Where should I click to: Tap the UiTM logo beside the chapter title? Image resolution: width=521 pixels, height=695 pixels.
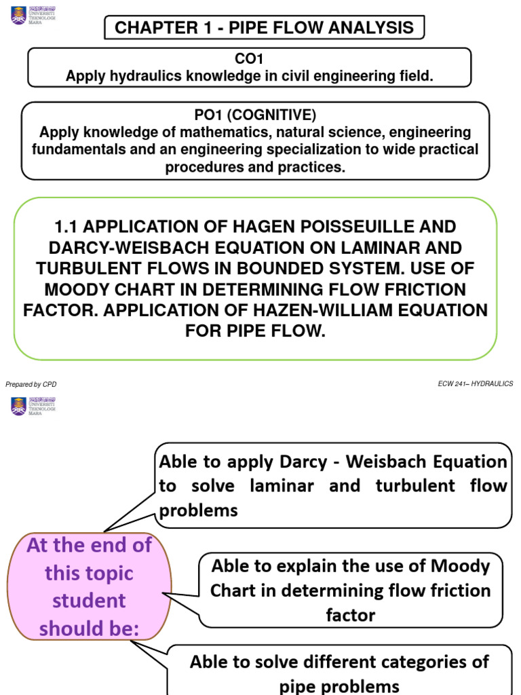click(x=33, y=15)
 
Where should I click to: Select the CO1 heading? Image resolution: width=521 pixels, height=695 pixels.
click(x=249, y=60)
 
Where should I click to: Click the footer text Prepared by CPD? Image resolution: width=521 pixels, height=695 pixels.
click(x=31, y=384)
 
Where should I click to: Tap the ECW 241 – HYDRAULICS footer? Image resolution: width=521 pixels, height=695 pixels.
click(x=476, y=384)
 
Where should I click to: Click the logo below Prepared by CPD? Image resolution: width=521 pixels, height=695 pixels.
click(x=33, y=406)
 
